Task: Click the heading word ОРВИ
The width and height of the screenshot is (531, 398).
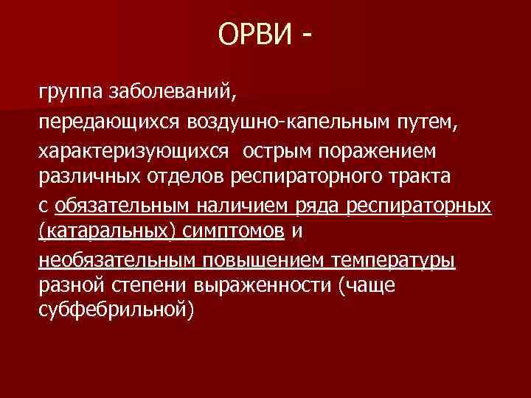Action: (x=255, y=35)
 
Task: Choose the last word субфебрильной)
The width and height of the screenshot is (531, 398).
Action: (x=115, y=313)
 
